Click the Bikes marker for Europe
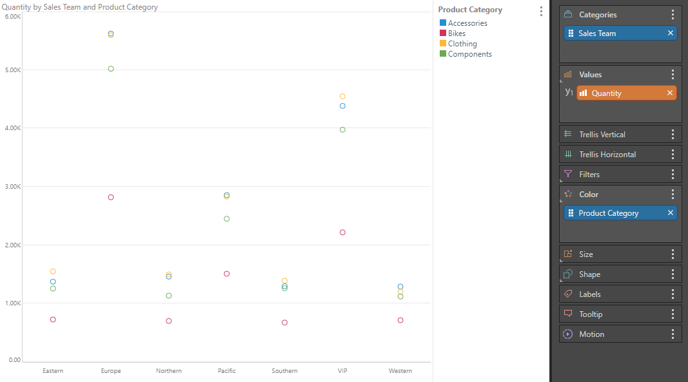[x=111, y=197]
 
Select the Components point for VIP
[x=342, y=129]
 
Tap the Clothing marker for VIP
[x=342, y=97]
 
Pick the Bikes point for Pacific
[x=227, y=274]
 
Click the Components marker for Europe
[x=111, y=68]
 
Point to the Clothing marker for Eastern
[x=53, y=271]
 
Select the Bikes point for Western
[x=400, y=320]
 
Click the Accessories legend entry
[x=467, y=23]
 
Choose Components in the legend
[x=469, y=54]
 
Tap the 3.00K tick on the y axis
[x=13, y=187]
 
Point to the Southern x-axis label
[x=284, y=371]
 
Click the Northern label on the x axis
[x=169, y=371]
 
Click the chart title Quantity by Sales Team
[x=80, y=7]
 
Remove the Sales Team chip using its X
[x=670, y=33]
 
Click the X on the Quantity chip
[x=670, y=93]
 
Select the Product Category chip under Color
[x=608, y=213]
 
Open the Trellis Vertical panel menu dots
[x=673, y=134]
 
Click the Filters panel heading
[x=589, y=174]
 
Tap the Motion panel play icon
[x=567, y=334]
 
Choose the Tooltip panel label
[x=591, y=314]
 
